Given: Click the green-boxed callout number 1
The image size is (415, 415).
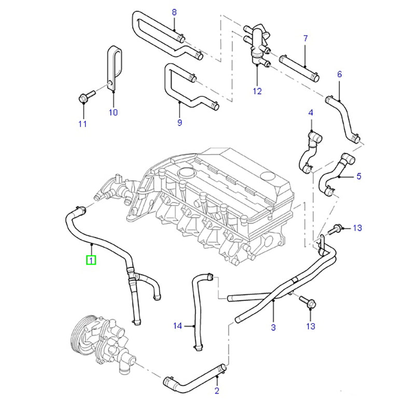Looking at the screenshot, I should (91, 259).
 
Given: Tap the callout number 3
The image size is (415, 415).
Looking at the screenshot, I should (273, 327).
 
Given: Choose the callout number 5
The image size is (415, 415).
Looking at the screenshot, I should (358, 176).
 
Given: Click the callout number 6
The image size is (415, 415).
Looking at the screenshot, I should (340, 74).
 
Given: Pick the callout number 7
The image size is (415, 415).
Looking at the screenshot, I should (306, 38).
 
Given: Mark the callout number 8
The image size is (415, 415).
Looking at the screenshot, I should (174, 12).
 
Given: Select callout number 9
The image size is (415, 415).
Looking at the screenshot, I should (179, 123).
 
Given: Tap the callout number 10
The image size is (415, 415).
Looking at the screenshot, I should (113, 112).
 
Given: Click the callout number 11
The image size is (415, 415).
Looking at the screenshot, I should (82, 123).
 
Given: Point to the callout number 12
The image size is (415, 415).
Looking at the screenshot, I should (258, 92).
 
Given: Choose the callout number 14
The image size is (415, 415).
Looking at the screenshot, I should (178, 326).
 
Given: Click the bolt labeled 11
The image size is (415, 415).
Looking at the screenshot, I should (86, 96).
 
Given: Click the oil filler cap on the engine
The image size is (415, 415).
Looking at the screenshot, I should (185, 173).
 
